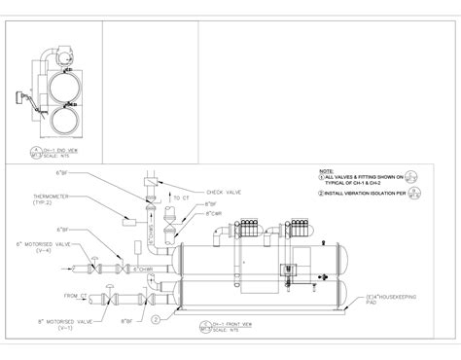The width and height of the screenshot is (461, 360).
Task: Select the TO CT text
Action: tap(181, 198)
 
